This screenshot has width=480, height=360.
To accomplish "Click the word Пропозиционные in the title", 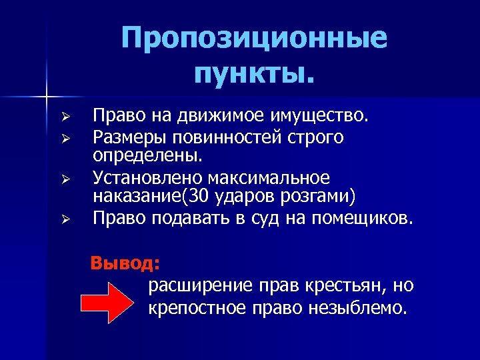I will pyautogui.click(x=254, y=40).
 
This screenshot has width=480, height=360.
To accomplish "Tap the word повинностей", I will pyautogui.click(x=231, y=137).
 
